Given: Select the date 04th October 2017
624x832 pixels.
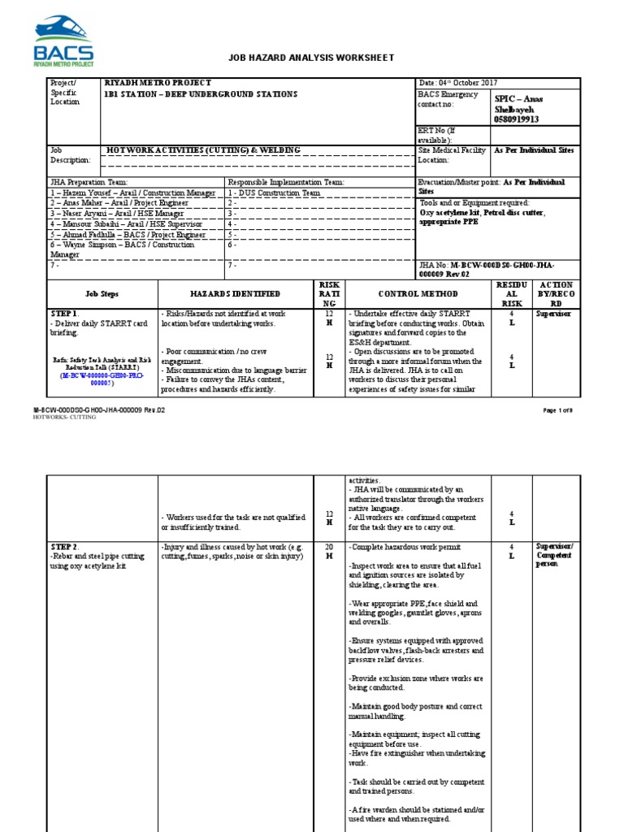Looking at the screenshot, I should click(x=457, y=83).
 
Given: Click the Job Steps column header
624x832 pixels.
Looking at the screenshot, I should click(x=102, y=293).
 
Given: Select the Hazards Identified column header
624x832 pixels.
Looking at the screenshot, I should click(x=236, y=293).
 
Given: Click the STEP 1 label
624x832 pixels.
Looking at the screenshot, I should click(x=64, y=313).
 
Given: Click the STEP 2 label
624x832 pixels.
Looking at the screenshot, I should click(x=64, y=547).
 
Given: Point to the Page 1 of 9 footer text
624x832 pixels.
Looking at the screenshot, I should click(x=559, y=410).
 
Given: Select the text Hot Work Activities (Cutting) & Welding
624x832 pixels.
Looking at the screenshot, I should click(x=204, y=150).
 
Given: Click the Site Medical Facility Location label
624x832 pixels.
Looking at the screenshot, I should click(x=452, y=155).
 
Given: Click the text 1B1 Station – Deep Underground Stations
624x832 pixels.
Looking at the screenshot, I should click(x=201, y=94).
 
